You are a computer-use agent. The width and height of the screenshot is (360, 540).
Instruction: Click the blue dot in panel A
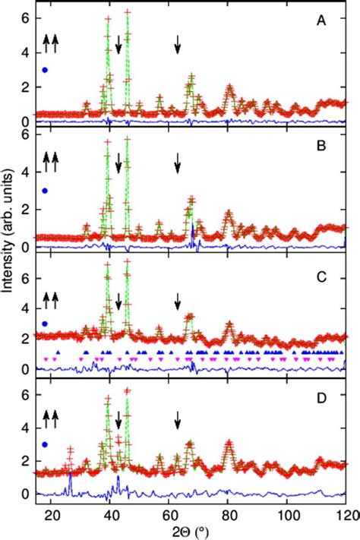(x=46, y=70)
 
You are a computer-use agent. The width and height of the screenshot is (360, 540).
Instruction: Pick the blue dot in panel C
(x=46, y=324)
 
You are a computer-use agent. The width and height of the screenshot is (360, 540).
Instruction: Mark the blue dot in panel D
(x=46, y=444)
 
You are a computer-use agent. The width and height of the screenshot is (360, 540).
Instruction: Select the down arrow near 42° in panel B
(x=118, y=163)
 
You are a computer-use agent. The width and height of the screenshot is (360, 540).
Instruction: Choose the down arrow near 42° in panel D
(x=118, y=420)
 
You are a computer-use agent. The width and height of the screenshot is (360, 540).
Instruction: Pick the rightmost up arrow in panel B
(x=55, y=161)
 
